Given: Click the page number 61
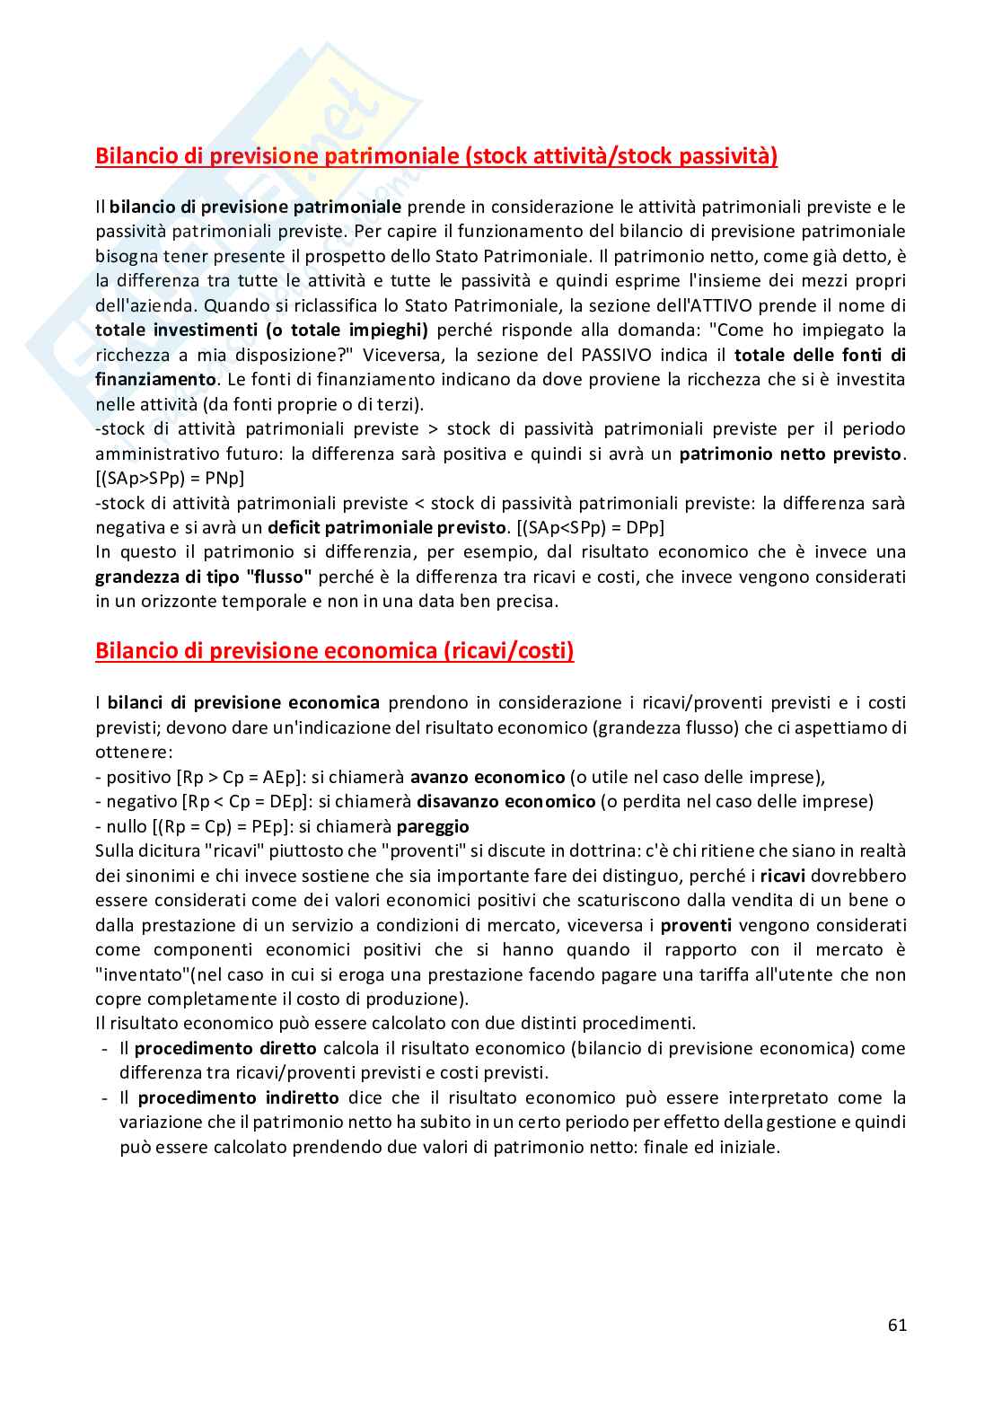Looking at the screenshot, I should click(x=896, y=1325).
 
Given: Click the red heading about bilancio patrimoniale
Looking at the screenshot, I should click(x=436, y=156).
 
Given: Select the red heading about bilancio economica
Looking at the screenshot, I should click(x=334, y=651).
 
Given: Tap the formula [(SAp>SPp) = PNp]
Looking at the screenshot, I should click(x=170, y=478).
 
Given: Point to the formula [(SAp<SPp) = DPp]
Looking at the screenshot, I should click(x=590, y=527).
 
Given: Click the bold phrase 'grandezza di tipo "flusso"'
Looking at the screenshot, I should click(x=204, y=577).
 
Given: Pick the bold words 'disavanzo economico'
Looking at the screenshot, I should click(x=505, y=801).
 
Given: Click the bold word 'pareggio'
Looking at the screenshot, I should click(x=433, y=826).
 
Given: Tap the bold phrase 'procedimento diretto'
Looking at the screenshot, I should click(x=225, y=1048).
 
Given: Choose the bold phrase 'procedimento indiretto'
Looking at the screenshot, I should click(x=238, y=1097).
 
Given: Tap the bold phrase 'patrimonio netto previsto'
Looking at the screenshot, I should click(x=790, y=454).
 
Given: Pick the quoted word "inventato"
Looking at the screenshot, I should click(x=142, y=974).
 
